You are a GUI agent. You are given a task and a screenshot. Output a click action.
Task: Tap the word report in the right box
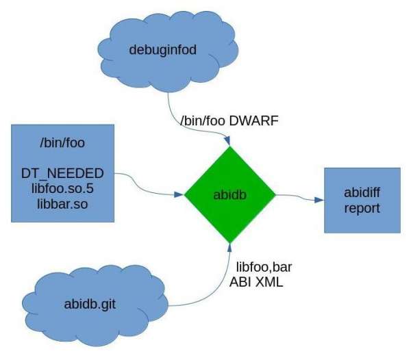(x=361, y=208)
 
